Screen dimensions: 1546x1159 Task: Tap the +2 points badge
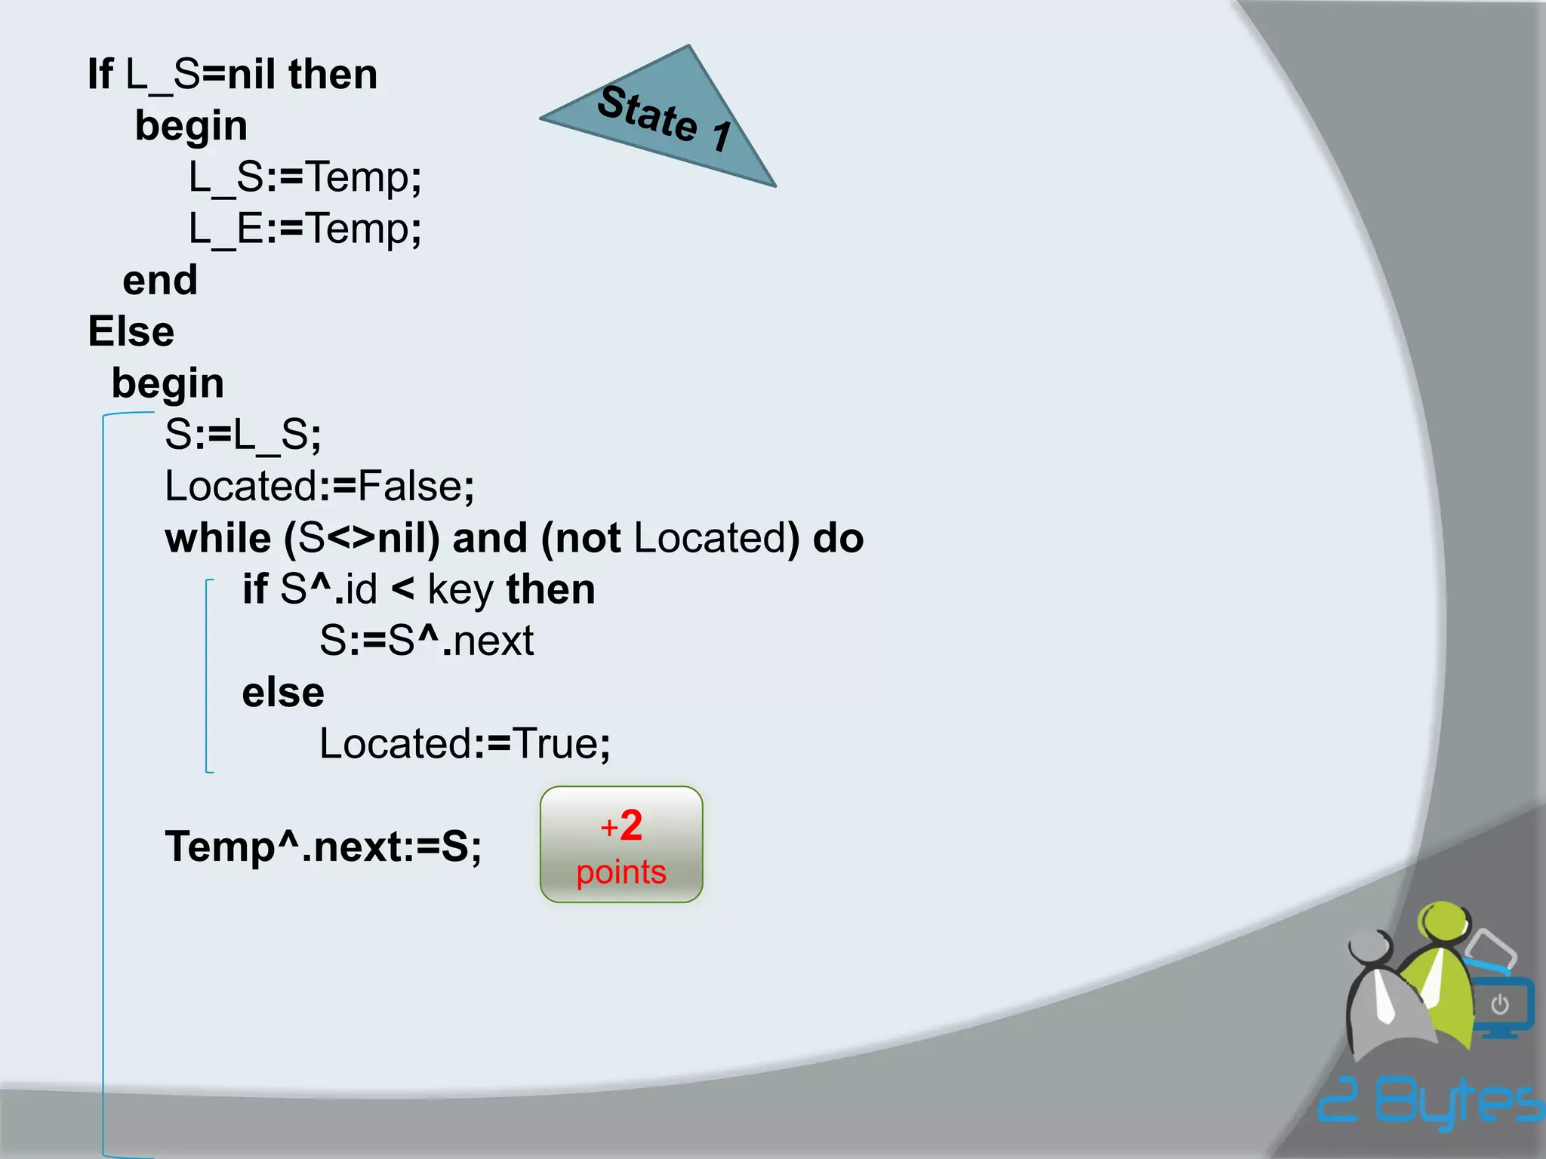coord(621,844)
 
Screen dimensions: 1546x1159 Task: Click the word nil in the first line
coord(251,75)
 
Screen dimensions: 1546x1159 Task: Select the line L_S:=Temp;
coord(305,178)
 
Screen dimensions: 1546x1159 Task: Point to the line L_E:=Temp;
coord(305,229)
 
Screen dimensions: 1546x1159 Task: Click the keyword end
coord(160,281)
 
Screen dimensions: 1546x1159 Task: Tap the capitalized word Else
coord(131,332)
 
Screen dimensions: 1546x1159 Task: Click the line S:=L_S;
coord(243,435)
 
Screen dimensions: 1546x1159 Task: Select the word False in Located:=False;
coord(410,487)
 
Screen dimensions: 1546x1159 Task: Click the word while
coord(217,539)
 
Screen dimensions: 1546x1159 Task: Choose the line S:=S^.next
coord(427,641)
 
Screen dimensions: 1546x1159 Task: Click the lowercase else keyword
coord(283,693)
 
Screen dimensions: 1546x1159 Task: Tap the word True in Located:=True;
coord(556,744)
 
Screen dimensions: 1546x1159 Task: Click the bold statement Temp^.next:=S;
coord(323,847)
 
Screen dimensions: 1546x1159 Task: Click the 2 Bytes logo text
coord(1431,1102)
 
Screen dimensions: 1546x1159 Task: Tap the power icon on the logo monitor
coord(1500,1004)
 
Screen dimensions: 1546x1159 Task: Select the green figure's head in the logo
coord(1443,922)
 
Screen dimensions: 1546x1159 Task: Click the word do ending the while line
coord(838,539)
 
